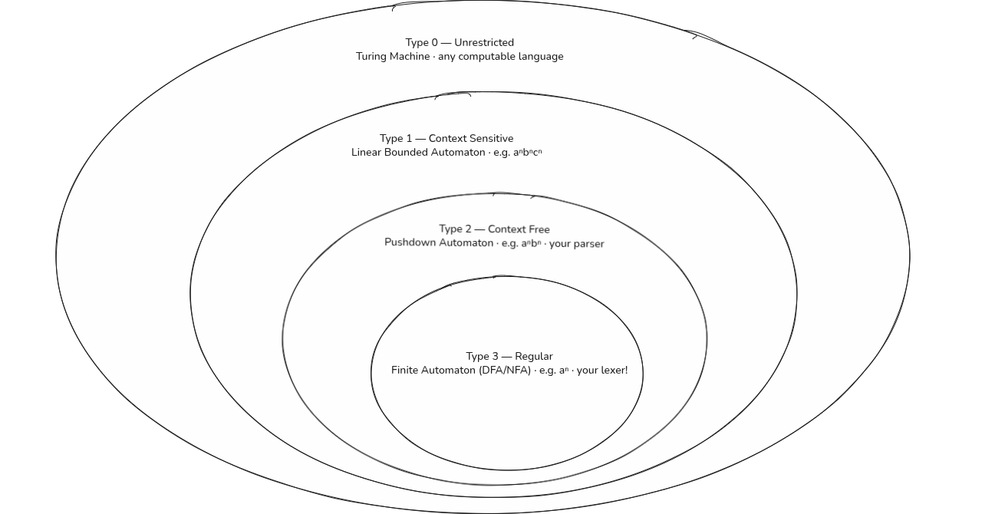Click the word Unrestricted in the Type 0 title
click(x=484, y=43)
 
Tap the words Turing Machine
click(x=393, y=57)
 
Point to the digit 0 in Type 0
click(x=434, y=43)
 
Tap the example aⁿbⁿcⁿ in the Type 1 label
click(x=528, y=153)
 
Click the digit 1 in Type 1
click(x=408, y=139)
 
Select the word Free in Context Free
click(x=539, y=229)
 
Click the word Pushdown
click(x=410, y=242)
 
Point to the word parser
click(x=588, y=244)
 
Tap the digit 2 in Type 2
click(x=468, y=229)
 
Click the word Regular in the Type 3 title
click(x=534, y=357)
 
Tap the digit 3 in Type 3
click(x=495, y=357)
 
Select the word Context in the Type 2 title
click(x=506, y=229)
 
